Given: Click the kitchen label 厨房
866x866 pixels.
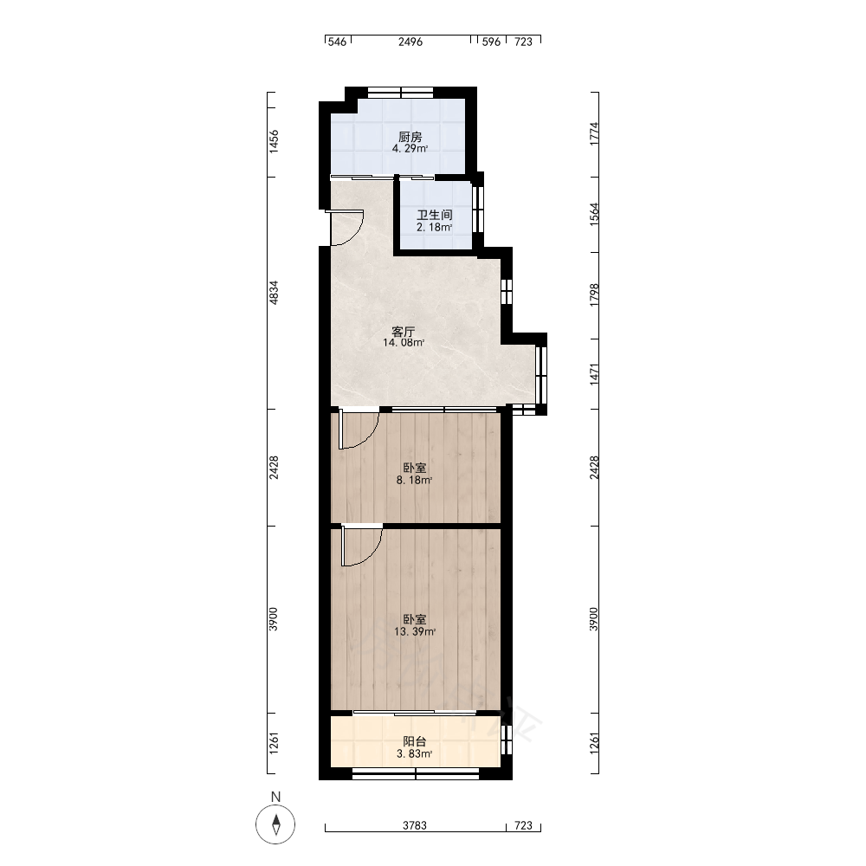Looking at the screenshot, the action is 410,137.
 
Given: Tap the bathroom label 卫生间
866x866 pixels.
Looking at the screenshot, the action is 435,215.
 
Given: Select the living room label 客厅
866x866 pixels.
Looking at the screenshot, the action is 404,332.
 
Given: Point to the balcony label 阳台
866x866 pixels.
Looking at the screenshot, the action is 414,742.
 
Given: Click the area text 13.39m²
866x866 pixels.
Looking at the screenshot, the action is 415,631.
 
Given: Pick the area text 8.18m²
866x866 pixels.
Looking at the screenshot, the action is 414,480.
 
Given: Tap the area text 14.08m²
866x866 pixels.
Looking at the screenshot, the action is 404,342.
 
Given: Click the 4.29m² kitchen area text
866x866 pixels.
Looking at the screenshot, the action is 410,148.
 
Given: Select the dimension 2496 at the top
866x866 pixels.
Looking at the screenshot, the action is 410,42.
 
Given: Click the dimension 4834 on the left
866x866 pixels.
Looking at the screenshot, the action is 274,293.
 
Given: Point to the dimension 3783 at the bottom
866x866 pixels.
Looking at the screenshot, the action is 415,825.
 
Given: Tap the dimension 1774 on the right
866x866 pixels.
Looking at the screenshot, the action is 594,133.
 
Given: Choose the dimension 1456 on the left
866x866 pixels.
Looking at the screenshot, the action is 274,141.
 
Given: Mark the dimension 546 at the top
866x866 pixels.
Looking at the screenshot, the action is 337,42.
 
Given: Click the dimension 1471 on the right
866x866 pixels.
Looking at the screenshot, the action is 594,374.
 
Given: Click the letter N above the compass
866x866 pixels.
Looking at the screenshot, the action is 275,797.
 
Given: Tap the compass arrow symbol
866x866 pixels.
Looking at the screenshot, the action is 275,825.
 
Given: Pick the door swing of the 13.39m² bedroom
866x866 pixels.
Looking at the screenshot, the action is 362,546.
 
